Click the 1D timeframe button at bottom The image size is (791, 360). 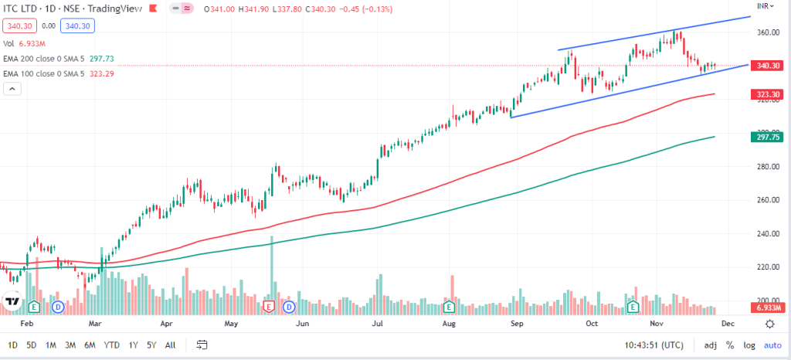12,345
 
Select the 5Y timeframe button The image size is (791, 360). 151,345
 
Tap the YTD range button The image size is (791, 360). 111,345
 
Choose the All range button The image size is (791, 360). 170,345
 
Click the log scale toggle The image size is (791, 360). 749,345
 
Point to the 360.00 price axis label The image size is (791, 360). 766,33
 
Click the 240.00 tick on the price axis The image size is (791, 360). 766,233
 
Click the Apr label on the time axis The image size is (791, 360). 166,325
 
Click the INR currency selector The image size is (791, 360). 766,6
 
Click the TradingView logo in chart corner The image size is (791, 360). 12,301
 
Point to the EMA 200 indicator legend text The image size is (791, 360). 46,58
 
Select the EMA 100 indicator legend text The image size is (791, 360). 46,73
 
